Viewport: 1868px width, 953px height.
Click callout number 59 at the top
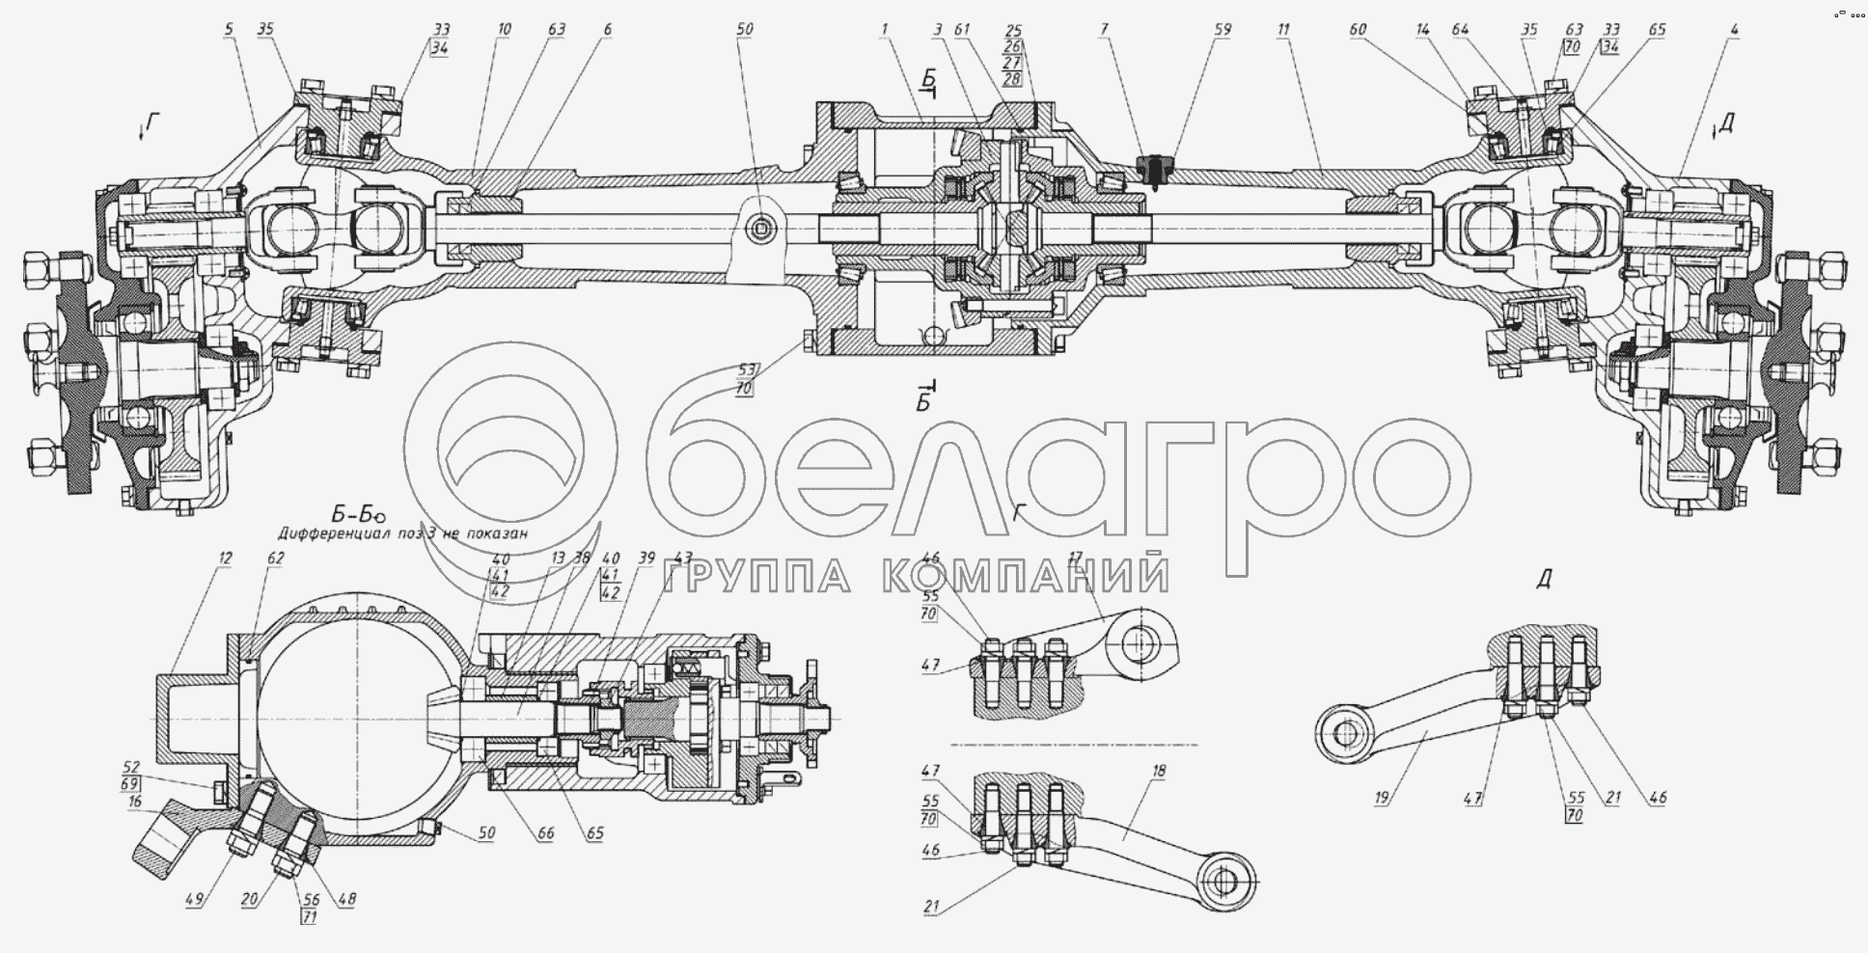[x=1222, y=31]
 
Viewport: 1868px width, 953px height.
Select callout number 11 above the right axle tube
[x=1283, y=31]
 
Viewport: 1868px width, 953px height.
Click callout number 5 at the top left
[x=229, y=30]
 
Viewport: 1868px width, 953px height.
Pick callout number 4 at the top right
[x=1734, y=31]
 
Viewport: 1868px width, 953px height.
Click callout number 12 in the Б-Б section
[x=226, y=558]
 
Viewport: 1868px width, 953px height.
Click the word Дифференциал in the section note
[x=334, y=532]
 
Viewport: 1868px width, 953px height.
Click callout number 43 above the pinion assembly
[x=683, y=558]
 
